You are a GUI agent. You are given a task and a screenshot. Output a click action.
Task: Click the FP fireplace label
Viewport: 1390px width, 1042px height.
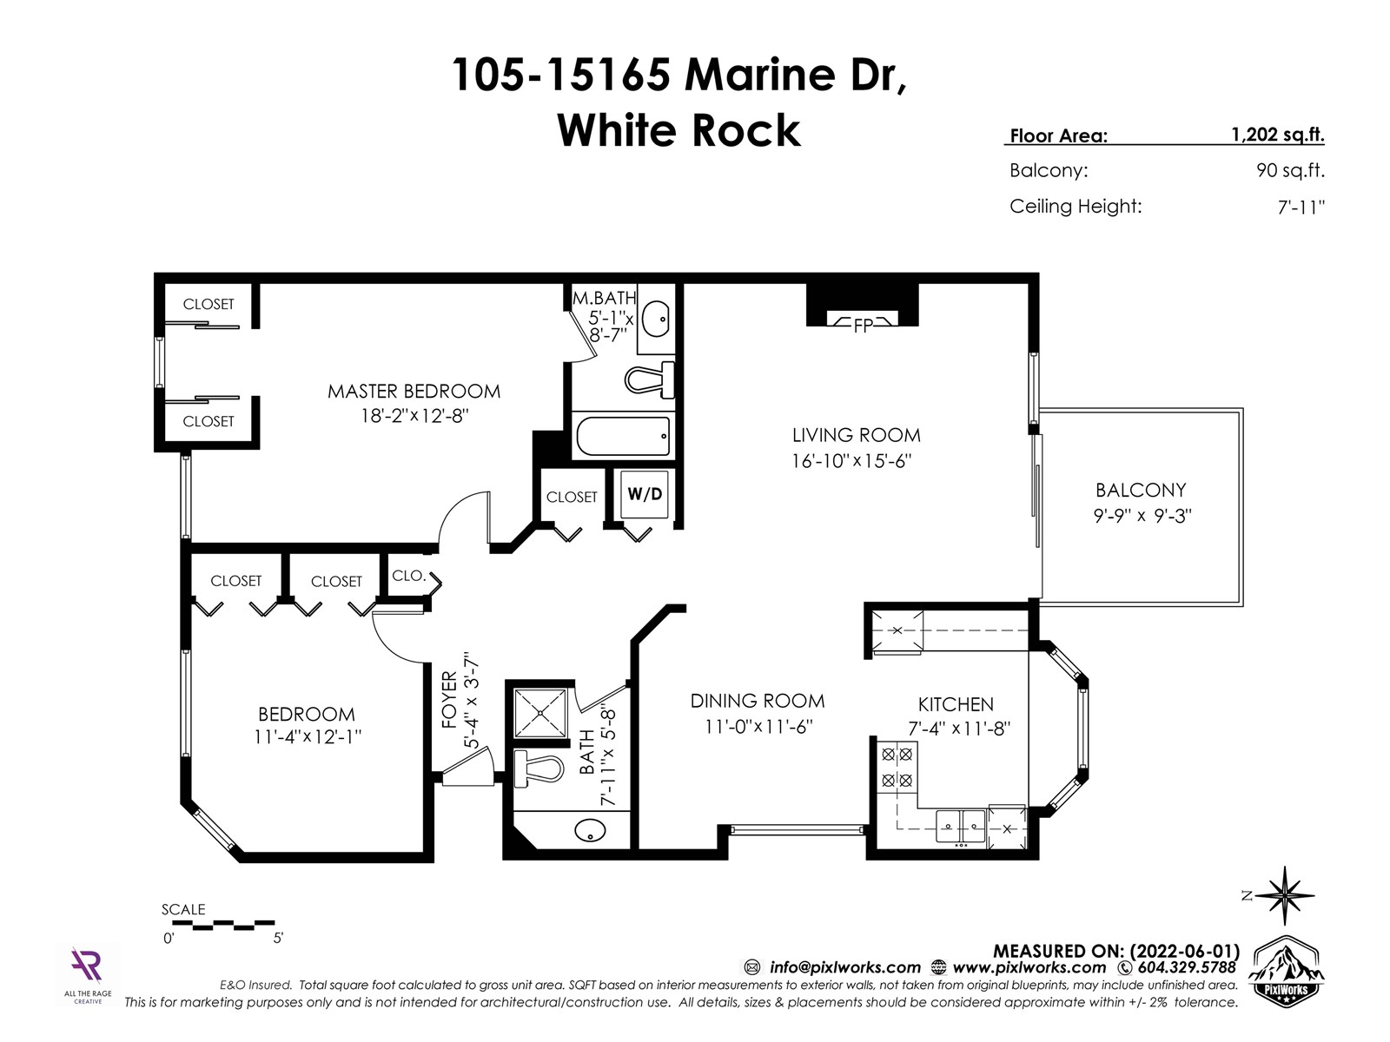point(863,325)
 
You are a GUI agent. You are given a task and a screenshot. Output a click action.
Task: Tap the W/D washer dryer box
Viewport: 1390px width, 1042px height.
point(644,494)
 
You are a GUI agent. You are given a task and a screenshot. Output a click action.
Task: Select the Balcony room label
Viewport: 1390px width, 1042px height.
point(1141,491)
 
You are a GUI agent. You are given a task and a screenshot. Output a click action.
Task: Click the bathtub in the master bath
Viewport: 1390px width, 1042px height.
point(623,436)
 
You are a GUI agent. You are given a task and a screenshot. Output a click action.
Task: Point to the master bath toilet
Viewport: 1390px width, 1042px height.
point(649,379)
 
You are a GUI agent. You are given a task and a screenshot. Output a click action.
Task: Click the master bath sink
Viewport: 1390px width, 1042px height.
point(655,320)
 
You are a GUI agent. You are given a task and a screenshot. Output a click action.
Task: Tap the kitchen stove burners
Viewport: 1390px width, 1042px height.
point(897,768)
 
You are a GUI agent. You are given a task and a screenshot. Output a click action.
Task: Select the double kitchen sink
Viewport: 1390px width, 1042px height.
point(961,827)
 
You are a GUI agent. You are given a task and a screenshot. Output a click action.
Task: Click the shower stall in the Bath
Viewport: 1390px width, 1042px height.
point(540,713)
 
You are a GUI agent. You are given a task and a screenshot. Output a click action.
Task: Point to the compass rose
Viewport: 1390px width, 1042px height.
point(1284,895)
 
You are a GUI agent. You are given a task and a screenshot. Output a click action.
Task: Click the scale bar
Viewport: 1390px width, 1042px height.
point(223,925)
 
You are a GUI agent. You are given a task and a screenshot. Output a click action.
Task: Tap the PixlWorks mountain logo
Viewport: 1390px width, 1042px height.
point(1286,968)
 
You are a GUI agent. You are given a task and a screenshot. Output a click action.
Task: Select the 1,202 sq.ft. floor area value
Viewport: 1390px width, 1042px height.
point(1277,135)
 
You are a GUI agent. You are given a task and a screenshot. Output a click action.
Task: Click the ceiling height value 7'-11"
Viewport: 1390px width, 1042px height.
point(1301,207)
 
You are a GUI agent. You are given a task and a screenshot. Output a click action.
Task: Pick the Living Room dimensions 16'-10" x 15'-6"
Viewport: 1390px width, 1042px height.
point(851,460)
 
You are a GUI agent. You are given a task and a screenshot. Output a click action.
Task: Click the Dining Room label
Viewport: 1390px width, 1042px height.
point(758,701)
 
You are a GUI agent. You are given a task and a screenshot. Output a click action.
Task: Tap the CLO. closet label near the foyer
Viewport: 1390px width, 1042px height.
point(407,576)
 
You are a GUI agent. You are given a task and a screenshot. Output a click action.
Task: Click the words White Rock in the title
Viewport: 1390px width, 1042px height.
point(678,130)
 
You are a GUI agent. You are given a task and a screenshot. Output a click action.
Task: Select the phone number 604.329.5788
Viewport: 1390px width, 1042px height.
point(1187,967)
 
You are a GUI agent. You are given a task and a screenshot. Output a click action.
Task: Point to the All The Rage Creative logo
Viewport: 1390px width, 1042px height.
point(88,975)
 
